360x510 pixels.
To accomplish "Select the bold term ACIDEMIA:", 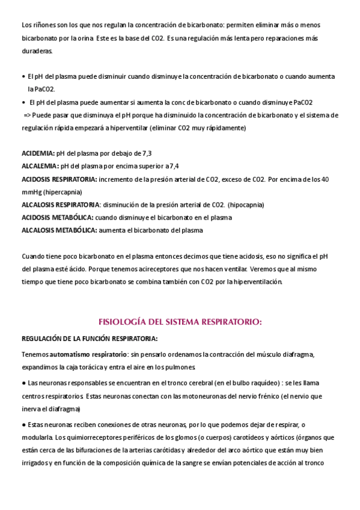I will click(x=38, y=153).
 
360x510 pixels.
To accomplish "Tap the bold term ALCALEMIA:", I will click(x=40, y=166).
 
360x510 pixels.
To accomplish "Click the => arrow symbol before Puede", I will click(x=28, y=115).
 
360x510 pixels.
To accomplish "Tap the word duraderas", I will click(x=37, y=51).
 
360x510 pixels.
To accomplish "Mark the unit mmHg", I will click(x=30, y=192).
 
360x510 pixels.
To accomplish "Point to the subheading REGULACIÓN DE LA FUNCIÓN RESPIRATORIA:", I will click(x=89, y=338).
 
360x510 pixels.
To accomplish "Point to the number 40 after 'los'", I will click(x=325, y=179).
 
